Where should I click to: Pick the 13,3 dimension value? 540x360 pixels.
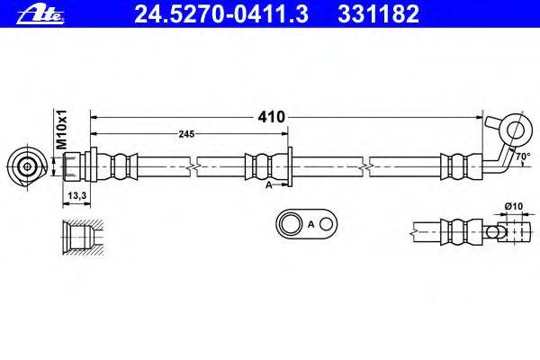76,193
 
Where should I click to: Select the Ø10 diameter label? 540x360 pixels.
513,207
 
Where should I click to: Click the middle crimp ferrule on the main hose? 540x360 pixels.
260,166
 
